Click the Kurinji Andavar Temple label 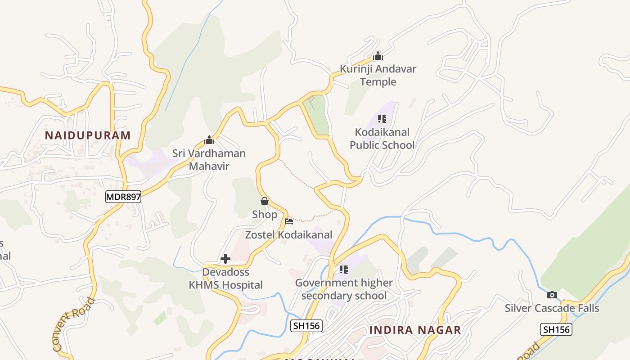(x=378, y=75)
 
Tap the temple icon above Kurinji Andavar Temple (x=378, y=56)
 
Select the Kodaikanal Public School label (x=382, y=139)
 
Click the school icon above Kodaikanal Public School (x=382, y=119)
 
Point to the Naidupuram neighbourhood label (x=88, y=135)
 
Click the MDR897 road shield (x=123, y=196)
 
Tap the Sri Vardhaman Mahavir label (x=209, y=160)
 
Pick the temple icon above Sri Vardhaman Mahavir (x=209, y=140)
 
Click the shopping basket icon (x=265, y=201)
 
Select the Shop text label (x=265, y=215)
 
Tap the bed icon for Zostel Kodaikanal (x=289, y=221)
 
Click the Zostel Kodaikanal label (x=288, y=234)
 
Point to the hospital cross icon (x=225, y=259)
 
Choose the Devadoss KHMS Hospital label (x=225, y=279)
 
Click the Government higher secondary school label (x=344, y=289)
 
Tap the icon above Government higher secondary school (x=344, y=270)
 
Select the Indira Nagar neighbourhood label (x=415, y=330)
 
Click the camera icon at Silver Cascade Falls (x=552, y=295)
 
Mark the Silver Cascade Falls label (x=552, y=308)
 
